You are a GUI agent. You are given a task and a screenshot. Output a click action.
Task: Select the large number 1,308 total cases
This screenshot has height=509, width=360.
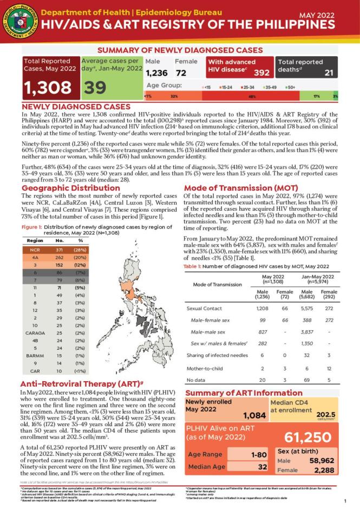(x=47, y=88)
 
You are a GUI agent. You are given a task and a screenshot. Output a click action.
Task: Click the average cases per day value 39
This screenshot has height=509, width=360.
(x=95, y=88)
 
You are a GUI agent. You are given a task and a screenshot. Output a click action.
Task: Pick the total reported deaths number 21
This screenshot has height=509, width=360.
(x=329, y=73)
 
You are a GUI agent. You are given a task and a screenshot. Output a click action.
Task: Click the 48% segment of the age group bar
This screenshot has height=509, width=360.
(x=252, y=96)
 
